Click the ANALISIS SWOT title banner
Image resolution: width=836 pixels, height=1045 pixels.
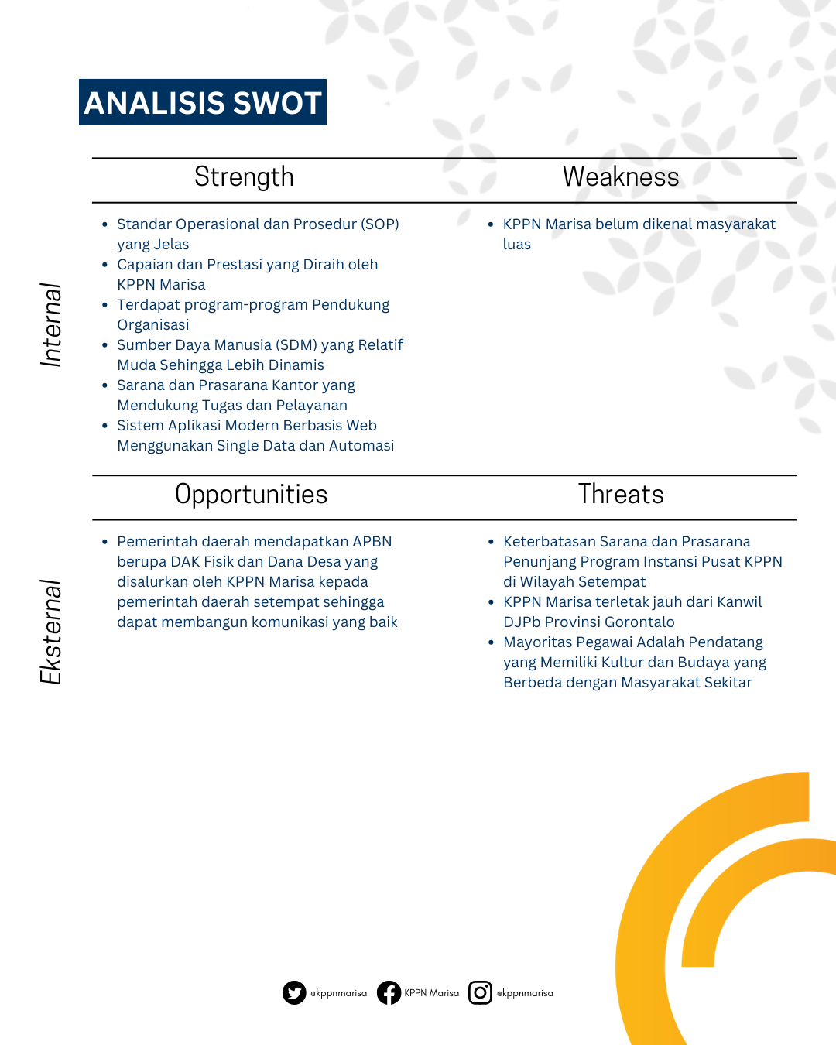203,102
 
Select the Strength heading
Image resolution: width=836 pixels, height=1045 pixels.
244,176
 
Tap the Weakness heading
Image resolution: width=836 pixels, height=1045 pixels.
620,176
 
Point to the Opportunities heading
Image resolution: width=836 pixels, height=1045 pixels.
251,495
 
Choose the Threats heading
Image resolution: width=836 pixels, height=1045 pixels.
620,494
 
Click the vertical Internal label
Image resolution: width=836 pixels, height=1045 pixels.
52,324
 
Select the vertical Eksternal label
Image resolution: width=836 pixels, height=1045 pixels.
52,632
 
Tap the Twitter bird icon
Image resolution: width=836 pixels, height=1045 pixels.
294,992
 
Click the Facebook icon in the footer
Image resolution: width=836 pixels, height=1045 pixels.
389,992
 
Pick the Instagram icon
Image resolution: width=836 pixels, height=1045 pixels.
480,992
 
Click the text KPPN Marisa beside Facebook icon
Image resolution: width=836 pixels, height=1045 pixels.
431,993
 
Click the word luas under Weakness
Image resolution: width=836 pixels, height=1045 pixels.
517,245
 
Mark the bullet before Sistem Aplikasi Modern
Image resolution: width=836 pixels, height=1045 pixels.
104,426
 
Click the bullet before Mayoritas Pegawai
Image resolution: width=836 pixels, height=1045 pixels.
491,642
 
